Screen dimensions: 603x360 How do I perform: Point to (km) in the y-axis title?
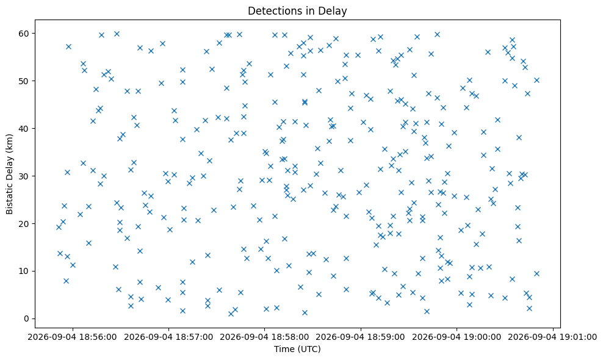click(9, 143)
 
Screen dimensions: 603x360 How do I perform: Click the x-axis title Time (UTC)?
click(297, 349)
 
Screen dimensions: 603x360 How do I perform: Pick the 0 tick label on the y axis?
click(27, 319)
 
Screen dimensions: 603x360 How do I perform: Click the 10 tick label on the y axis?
click(24, 271)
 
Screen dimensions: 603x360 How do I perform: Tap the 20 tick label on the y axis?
click(24, 224)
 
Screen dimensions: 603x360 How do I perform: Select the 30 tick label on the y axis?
click(24, 176)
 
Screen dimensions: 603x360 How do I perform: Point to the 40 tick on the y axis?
click(24, 129)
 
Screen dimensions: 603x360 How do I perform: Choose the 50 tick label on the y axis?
click(24, 81)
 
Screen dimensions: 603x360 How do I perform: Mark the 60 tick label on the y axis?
click(24, 34)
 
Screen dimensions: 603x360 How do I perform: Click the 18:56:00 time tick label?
click(72, 337)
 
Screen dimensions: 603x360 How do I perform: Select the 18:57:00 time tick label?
click(168, 337)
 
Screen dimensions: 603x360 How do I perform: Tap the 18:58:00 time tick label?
click(265, 337)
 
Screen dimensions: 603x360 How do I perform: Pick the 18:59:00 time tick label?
click(361, 337)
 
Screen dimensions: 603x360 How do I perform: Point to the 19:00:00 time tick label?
click(457, 337)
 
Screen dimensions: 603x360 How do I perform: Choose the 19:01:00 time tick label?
click(553, 337)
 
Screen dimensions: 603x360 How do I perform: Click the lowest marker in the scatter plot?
click(231, 314)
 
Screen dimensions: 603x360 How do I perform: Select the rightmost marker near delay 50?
click(536, 81)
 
